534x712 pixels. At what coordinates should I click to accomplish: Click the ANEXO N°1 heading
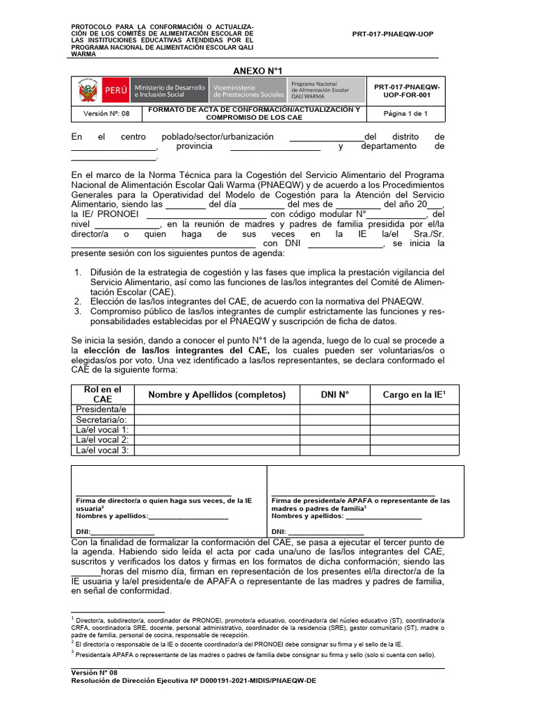[257, 71]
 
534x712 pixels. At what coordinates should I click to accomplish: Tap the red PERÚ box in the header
[115, 91]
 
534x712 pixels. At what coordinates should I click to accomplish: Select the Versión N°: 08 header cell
[106, 114]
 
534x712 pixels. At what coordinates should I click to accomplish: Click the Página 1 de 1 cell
[405, 114]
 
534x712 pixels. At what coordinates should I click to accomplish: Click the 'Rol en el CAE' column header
[102, 394]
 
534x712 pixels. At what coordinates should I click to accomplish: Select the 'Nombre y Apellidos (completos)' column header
[217, 394]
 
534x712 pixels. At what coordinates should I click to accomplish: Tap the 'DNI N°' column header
[334, 394]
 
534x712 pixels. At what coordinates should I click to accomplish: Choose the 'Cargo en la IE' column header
[414, 394]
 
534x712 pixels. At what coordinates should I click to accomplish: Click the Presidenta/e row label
[102, 410]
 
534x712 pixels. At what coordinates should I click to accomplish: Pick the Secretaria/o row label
[101, 420]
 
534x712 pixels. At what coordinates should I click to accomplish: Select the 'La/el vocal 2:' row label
[102, 440]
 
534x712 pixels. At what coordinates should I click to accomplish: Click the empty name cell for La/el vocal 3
[217, 451]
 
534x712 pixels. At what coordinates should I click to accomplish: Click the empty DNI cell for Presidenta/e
[334, 410]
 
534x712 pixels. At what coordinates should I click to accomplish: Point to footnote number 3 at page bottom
[254, 654]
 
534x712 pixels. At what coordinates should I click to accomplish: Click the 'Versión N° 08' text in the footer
[95, 673]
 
